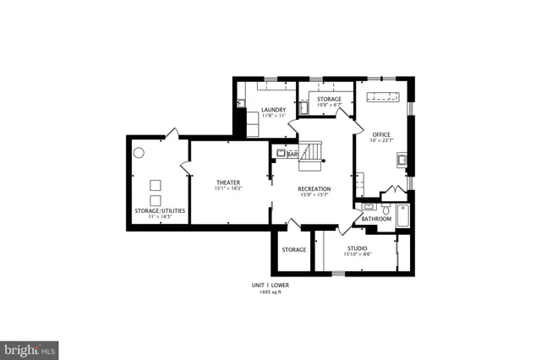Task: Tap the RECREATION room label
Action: point(314,188)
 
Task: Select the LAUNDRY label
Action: point(273,110)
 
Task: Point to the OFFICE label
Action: point(381,134)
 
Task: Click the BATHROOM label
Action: point(376,219)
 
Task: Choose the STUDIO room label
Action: point(356,248)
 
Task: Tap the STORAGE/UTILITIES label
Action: point(160,210)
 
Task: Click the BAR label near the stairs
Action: point(293,155)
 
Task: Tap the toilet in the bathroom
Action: point(385,208)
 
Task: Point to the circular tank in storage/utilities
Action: point(139,153)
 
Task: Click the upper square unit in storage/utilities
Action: point(155,184)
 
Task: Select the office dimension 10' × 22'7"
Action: point(381,140)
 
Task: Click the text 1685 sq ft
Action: point(269,292)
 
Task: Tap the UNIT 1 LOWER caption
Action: point(269,286)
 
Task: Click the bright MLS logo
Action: point(30,349)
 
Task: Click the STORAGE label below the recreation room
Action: point(293,250)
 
